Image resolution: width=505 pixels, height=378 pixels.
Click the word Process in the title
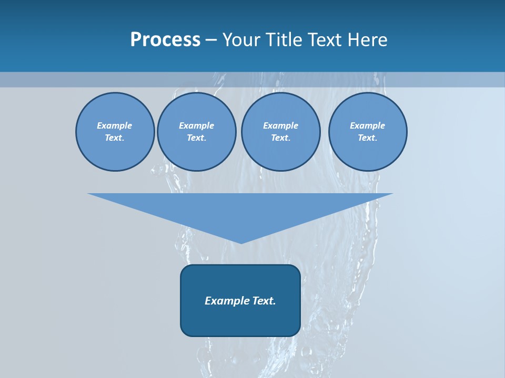pos(165,40)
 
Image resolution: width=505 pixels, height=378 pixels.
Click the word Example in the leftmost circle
pos(115,125)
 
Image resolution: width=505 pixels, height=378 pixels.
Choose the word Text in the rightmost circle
pos(367,138)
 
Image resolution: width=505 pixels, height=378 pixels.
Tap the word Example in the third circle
pos(280,125)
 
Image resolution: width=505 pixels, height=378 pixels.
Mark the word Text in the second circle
pos(196,138)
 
